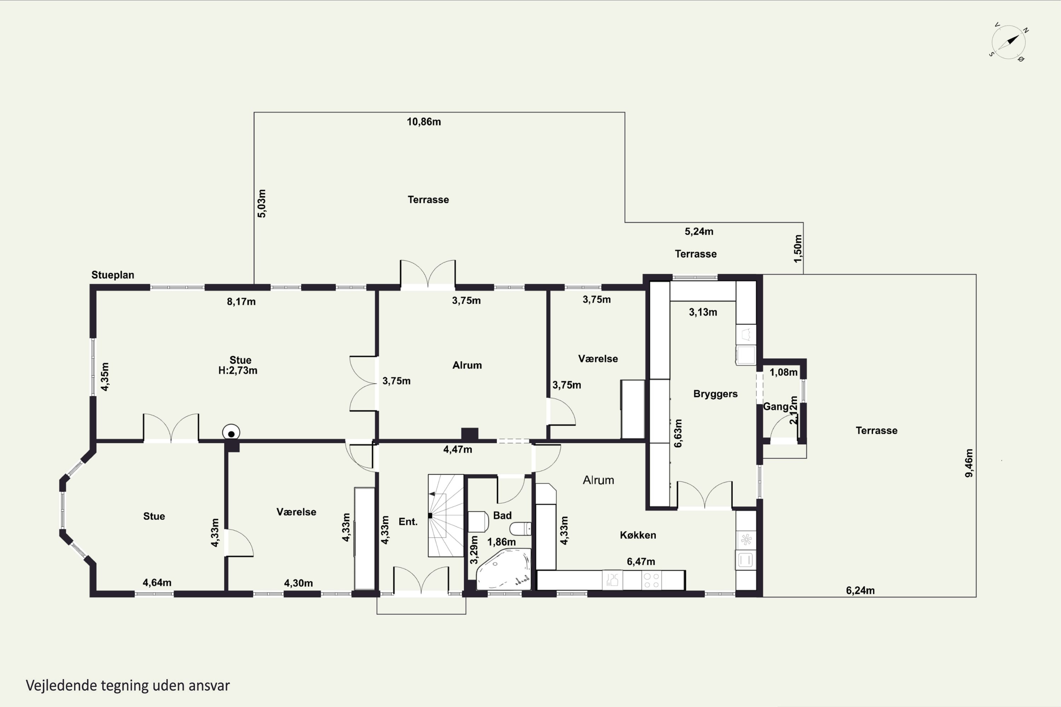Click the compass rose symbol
pos(1009,42)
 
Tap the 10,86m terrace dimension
pos(424,122)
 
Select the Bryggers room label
pos(715,394)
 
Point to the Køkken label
pos(638,535)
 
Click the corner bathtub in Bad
pos(504,569)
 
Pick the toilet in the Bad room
pos(521,528)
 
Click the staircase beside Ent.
pos(446,515)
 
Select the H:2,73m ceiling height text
pos(238,370)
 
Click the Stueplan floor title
pos(113,275)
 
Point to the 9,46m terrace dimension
pos(969,463)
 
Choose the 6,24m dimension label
pos(860,591)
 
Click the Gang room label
pos(776,407)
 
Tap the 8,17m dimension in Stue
pos(241,302)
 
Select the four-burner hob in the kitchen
pos(651,580)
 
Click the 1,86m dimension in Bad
pos(501,542)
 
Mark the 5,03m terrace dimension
pos(262,203)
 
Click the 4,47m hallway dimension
pos(457,450)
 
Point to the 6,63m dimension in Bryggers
pos(678,433)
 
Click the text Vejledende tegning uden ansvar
pos(128,686)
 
